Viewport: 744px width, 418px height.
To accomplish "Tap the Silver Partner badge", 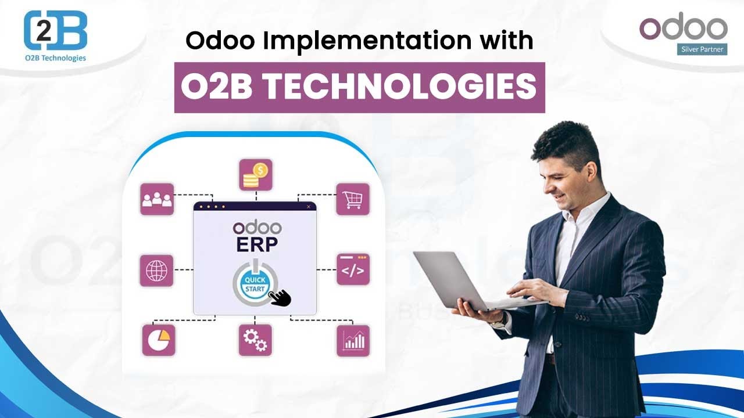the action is tap(702, 49).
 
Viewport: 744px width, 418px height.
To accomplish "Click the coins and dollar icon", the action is tap(256, 175).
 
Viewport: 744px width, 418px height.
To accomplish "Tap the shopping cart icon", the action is tap(353, 199).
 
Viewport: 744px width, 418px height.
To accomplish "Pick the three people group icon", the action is tap(157, 199).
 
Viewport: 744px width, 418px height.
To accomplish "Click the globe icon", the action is tap(156, 271).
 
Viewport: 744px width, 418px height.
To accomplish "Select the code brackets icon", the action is tap(353, 269).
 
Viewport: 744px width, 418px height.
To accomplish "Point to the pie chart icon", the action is tap(159, 340).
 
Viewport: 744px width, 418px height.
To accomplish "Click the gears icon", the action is tap(255, 340).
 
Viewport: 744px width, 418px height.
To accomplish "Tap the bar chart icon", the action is tap(353, 341).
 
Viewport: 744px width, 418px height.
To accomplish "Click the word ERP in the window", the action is tap(257, 244).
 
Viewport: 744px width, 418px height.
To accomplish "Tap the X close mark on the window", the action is tap(309, 207).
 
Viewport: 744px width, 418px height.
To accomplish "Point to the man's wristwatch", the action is tap(500, 322).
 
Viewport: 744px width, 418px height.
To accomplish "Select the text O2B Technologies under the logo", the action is tap(55, 58).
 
